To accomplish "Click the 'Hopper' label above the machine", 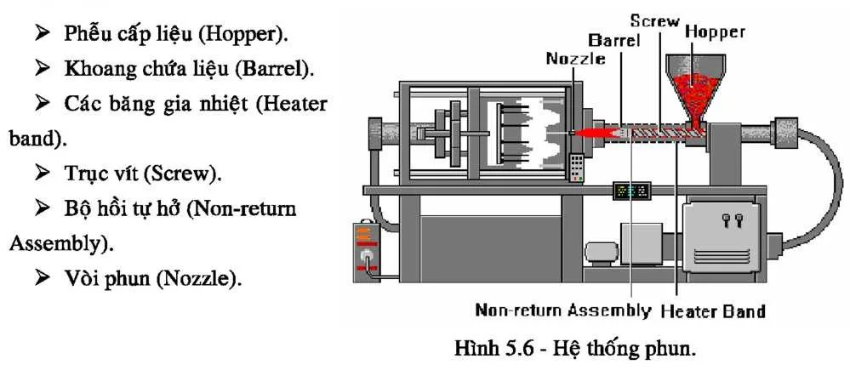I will pyautogui.click(x=715, y=32).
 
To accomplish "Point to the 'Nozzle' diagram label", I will pyautogui.click(x=575, y=58).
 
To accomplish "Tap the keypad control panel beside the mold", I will pyautogui.click(x=578, y=167).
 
